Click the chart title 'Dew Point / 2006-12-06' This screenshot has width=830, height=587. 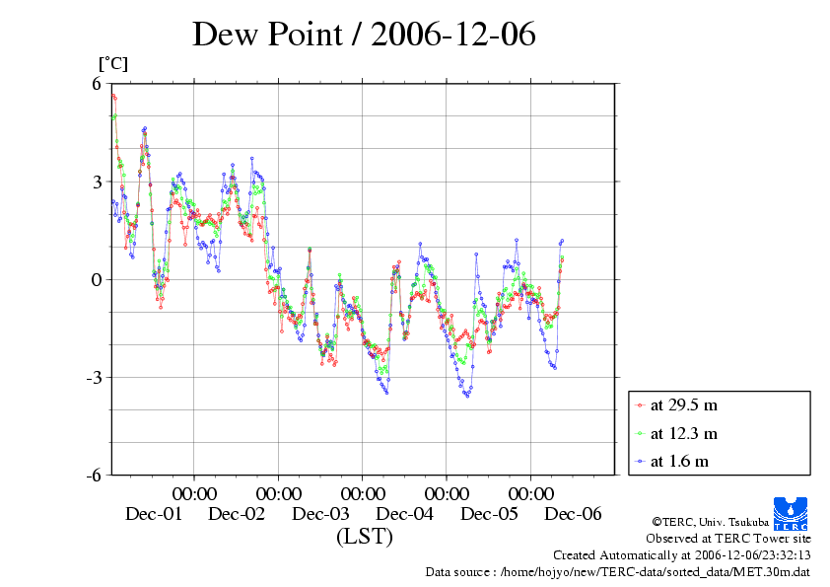point(364,35)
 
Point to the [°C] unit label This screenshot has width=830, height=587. point(112,64)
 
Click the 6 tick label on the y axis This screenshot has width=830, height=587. point(98,84)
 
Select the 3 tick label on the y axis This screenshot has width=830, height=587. point(98,182)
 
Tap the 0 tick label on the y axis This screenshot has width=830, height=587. point(98,279)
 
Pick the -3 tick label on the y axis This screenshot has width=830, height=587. point(95,377)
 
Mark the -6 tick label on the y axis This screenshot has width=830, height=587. point(95,475)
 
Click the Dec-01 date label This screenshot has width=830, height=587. point(153,514)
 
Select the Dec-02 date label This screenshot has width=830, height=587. point(237,514)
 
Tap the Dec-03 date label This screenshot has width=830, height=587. point(321,514)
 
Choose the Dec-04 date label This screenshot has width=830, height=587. point(405,514)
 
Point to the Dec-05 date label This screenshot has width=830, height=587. point(489,514)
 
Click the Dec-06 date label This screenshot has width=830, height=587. point(574,514)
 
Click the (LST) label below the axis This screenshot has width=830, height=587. point(364,538)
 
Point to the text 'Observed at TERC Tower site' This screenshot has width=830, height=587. point(728,539)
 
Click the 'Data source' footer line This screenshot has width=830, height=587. point(617,571)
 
